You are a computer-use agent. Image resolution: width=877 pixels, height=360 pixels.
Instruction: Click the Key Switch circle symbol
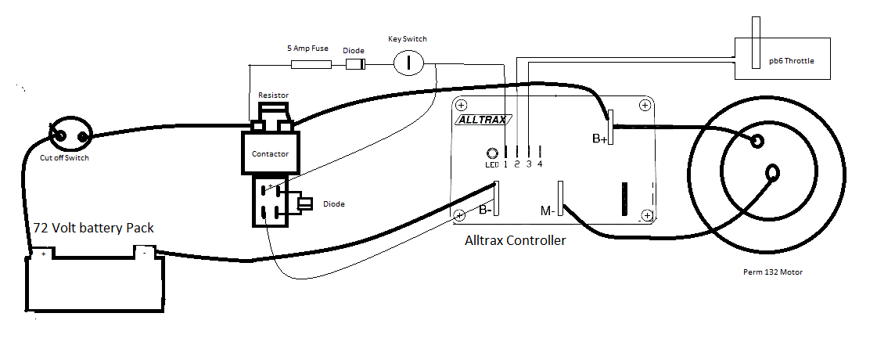pos(408,61)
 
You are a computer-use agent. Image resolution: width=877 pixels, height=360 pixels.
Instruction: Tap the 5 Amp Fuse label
pos(307,49)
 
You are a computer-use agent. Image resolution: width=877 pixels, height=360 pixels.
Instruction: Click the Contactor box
pos(270,153)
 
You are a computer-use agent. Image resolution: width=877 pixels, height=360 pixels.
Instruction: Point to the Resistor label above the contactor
pos(273,95)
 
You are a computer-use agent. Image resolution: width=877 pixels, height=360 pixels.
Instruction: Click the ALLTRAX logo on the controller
pos(483,120)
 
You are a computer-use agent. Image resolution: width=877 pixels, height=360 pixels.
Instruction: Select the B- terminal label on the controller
pos(486,211)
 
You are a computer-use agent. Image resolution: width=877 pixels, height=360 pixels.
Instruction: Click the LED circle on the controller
pos(492,153)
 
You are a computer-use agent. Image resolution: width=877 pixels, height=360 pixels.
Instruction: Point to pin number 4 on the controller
pos(540,164)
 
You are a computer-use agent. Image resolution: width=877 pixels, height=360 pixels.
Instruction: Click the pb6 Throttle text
pos(791,60)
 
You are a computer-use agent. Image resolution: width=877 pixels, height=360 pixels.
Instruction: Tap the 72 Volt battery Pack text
pos(93,229)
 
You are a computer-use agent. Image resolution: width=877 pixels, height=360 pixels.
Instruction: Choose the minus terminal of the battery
pos(144,252)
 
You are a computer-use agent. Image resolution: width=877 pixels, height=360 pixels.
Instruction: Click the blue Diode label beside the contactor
pos(333,204)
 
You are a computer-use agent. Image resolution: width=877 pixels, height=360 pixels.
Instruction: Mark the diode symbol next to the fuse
pos(357,63)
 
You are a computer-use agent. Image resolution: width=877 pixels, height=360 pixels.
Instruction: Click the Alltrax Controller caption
pos(515,241)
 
